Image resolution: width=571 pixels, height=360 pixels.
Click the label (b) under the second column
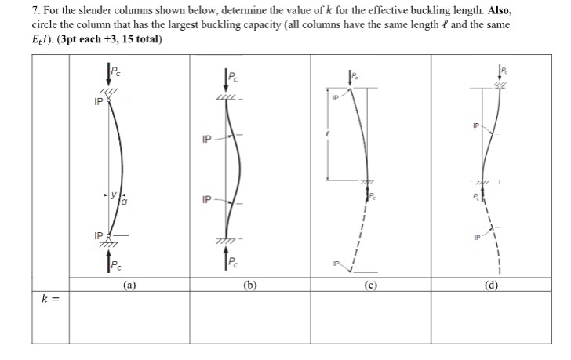(250, 285)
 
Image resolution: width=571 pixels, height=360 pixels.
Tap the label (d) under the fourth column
(491, 285)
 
